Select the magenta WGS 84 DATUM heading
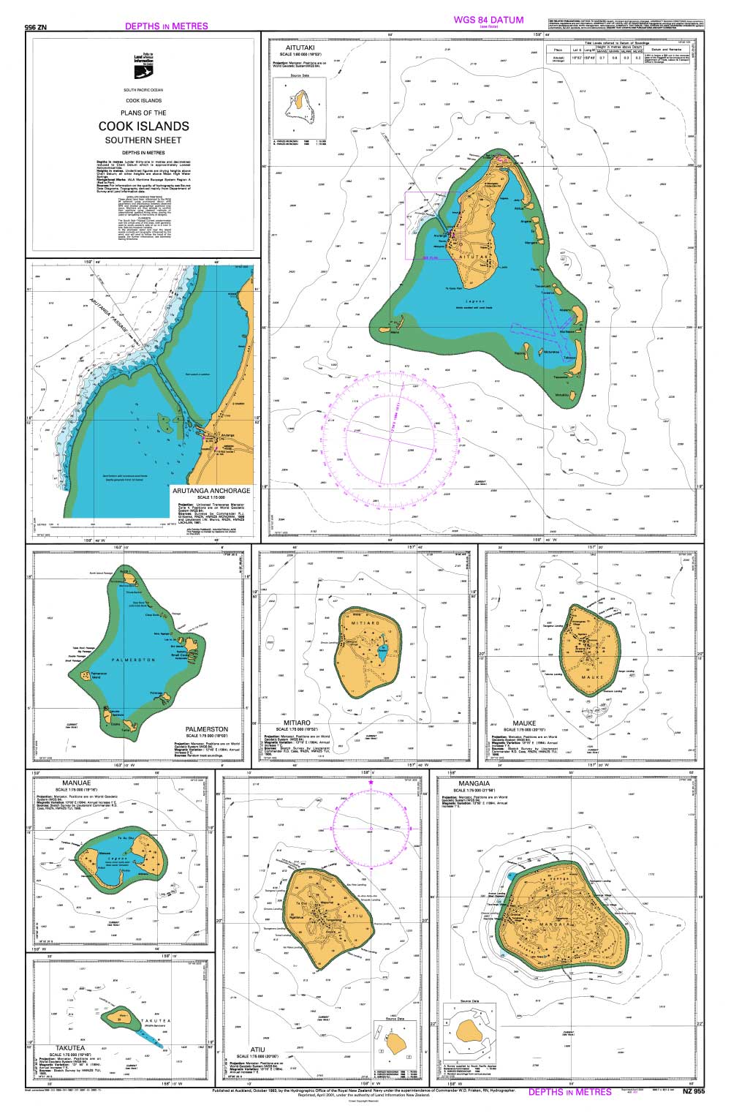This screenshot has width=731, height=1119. (x=488, y=20)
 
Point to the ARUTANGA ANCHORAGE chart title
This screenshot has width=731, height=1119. (x=211, y=491)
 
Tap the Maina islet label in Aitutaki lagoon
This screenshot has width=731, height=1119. (x=396, y=333)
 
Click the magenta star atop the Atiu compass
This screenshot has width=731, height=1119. (x=371, y=783)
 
